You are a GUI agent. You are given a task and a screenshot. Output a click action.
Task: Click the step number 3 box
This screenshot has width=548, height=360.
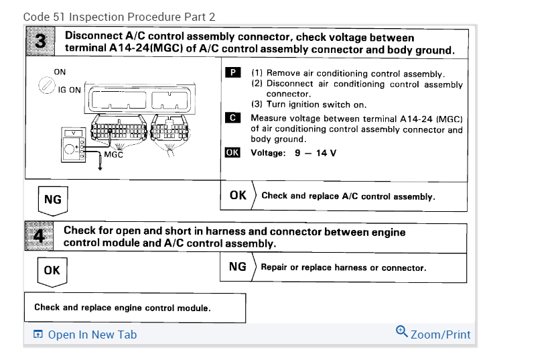tap(41, 42)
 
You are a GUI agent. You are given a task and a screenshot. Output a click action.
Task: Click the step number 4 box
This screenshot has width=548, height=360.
tap(40, 237)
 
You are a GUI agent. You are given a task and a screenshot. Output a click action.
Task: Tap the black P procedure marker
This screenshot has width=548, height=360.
tap(232, 73)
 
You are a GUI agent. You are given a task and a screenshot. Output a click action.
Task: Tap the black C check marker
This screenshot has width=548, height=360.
tap(232, 117)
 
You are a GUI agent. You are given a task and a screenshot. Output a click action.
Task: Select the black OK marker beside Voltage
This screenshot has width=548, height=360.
tap(232, 152)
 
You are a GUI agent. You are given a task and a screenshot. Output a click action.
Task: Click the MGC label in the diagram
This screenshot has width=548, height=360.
tap(113, 154)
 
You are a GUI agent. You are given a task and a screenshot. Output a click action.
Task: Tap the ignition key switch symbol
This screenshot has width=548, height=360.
tap(47, 85)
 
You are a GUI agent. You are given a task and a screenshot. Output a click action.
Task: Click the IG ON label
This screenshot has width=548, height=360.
tap(70, 90)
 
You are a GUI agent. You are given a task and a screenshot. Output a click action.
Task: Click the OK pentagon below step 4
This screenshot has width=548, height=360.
tap(52, 271)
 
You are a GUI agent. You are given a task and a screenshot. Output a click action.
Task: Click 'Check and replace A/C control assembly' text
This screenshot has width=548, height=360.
tap(348, 196)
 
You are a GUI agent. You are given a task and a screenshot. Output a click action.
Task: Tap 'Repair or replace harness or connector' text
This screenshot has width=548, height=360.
tap(343, 267)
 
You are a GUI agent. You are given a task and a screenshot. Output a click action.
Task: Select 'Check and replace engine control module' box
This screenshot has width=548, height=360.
tap(135, 308)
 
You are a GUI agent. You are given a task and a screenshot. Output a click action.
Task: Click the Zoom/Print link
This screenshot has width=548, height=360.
tap(440, 334)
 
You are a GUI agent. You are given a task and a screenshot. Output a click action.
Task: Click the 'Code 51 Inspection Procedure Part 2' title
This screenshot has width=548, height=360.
tap(119, 16)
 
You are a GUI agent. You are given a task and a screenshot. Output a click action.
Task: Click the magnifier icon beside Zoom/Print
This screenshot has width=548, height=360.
tap(401, 331)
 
